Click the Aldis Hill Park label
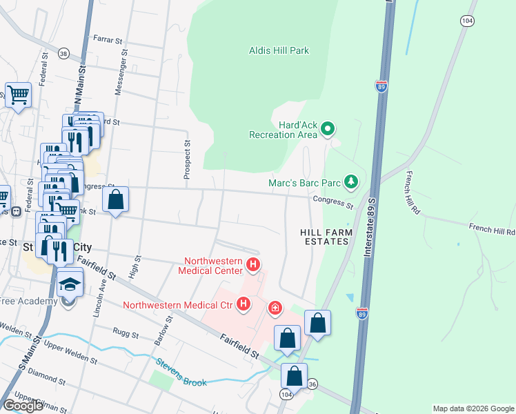point(279,50)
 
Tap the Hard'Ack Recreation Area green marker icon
point(328,128)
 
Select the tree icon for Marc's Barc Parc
point(352,182)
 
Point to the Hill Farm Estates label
point(326,237)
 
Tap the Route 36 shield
point(312,383)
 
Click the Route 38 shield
point(63,53)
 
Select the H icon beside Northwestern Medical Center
point(253,264)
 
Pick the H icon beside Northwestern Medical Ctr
point(243,303)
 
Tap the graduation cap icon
point(70,283)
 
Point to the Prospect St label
point(187,160)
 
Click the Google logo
point(23,406)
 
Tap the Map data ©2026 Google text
point(473,408)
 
